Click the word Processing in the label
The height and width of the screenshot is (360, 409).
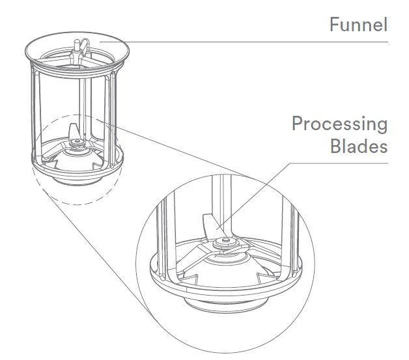(x=339, y=124)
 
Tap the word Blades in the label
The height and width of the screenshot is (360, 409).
(x=358, y=146)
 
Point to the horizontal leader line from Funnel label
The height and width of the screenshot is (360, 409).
(x=261, y=42)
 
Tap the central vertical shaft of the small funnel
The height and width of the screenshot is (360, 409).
(x=81, y=98)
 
